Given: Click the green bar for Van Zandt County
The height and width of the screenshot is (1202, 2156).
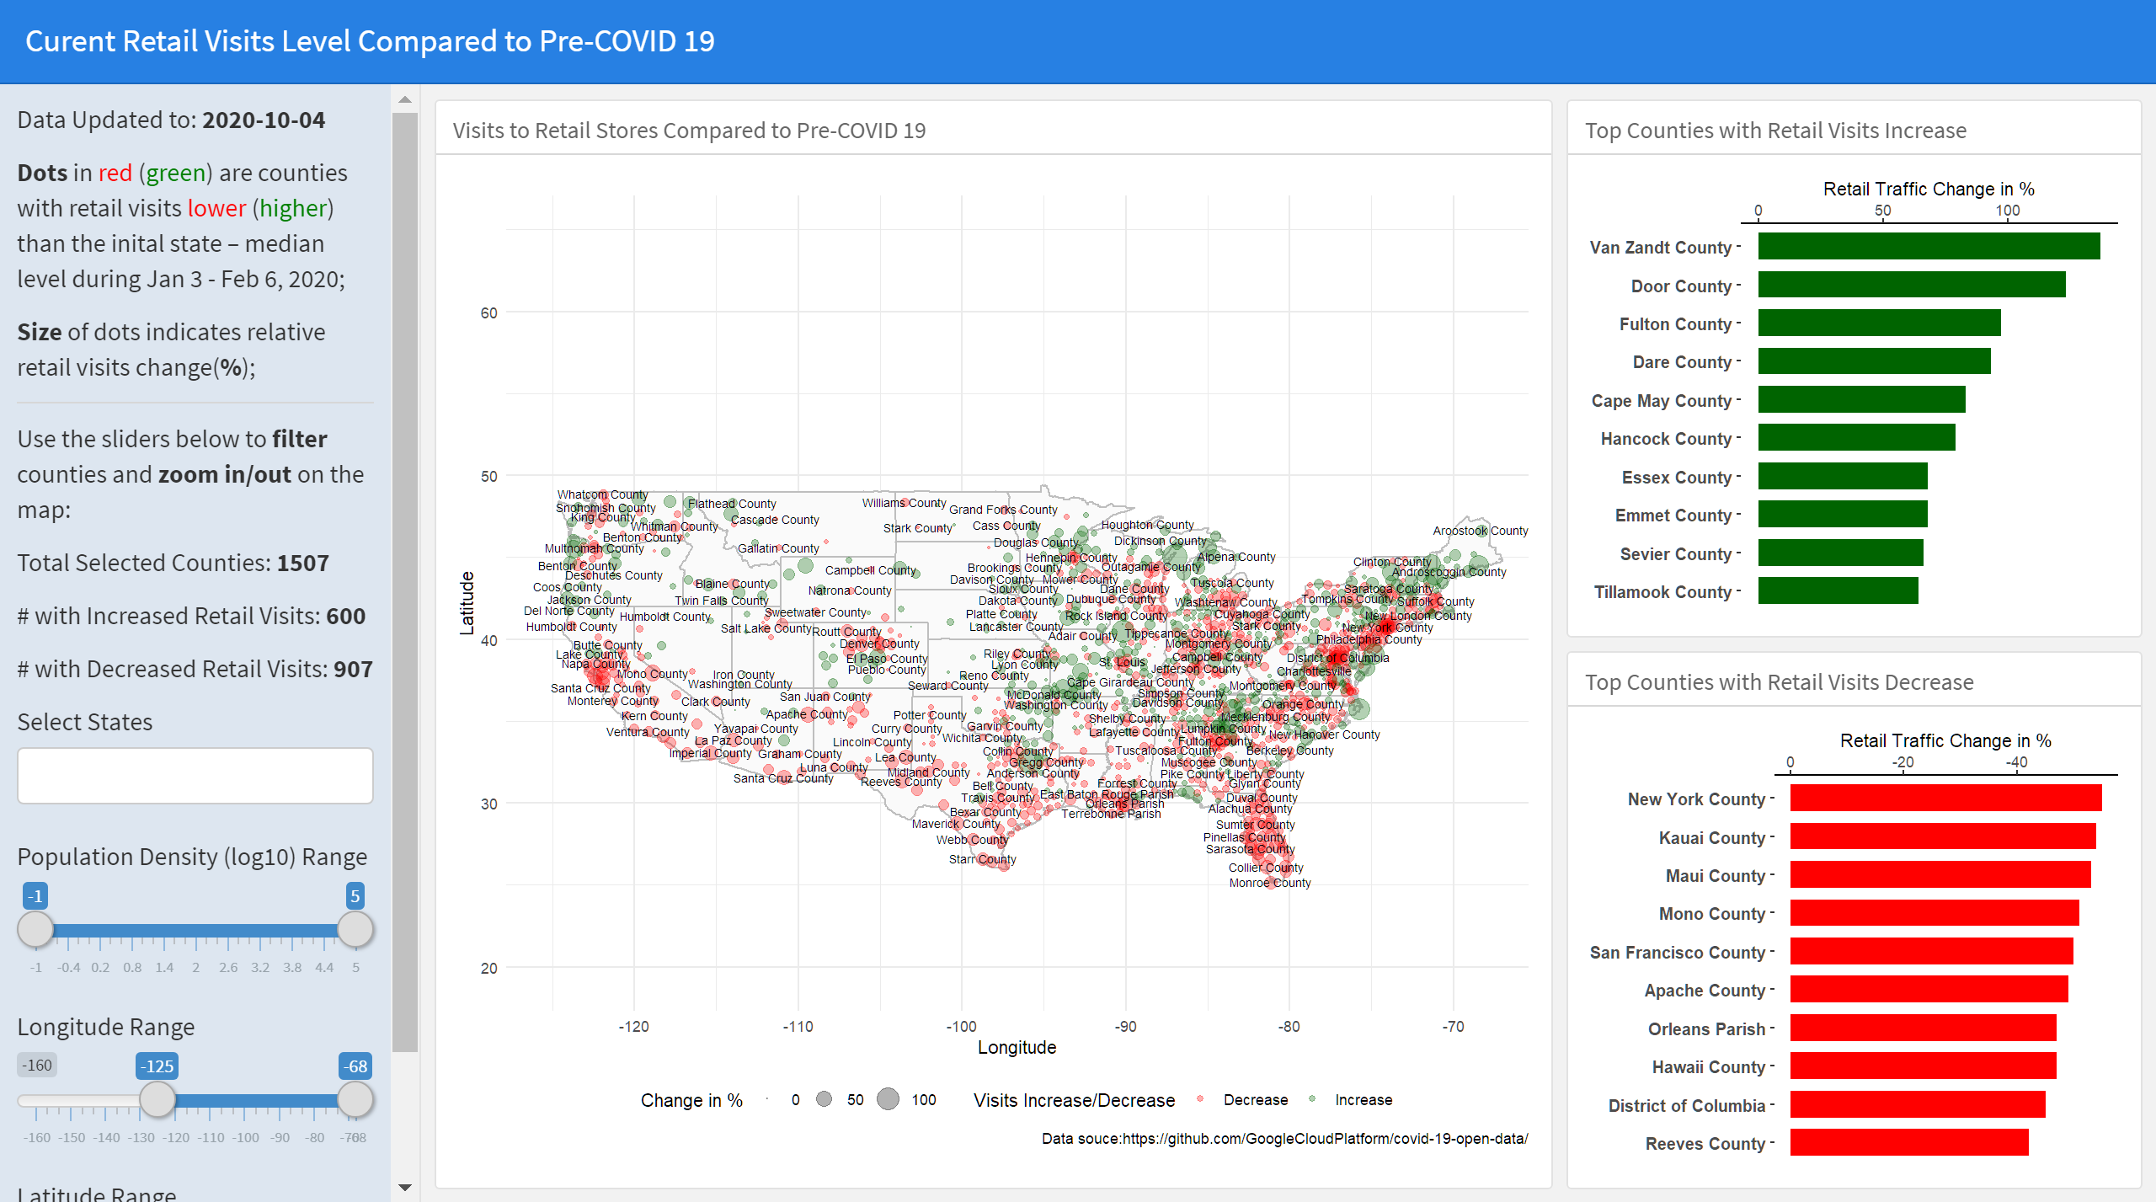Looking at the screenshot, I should coord(1929,247).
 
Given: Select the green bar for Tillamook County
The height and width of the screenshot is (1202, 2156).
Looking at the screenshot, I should coord(1838,591).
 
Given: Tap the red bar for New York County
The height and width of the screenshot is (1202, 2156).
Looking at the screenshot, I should coord(1945,799).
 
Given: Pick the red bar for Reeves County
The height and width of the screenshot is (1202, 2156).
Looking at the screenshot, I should coord(1908,1143).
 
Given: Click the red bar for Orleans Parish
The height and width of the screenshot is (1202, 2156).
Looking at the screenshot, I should coord(1923,1028).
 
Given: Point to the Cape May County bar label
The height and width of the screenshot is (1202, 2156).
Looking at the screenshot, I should coord(1661,401).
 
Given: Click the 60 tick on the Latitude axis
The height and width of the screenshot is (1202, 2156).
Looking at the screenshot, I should coord(488,313).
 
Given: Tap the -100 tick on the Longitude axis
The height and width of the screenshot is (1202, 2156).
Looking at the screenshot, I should coord(961,1027).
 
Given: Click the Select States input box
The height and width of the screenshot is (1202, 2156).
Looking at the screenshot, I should coord(195,776).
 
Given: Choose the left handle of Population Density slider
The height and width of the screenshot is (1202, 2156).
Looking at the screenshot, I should coord(35,929).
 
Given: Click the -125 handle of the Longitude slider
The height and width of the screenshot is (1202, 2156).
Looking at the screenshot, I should coord(157,1098).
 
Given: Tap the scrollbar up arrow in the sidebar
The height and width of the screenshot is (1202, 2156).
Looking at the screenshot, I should coord(405,99).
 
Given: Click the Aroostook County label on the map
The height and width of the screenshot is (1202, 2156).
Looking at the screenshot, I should coord(1480,531).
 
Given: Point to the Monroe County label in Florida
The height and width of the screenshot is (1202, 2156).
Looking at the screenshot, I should coord(1269,883).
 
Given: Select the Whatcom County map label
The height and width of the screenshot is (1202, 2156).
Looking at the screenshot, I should coord(602,494).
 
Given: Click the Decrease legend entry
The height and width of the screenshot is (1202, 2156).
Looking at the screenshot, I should coord(1255,1100).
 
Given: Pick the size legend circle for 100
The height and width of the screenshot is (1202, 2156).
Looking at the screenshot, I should coord(888,1099).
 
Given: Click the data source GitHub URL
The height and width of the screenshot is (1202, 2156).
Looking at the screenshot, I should coord(1325,1139).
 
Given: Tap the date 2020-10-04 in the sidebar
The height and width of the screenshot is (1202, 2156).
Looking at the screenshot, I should coord(264,120).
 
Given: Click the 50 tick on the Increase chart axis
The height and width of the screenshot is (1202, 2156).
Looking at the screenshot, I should coord(1882,211).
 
